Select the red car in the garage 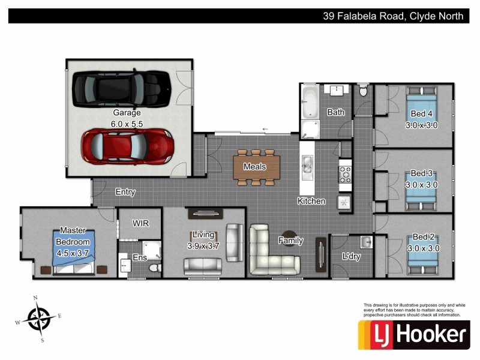127,147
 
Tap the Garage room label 127,113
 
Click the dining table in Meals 256,166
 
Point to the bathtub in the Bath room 309,103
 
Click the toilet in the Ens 155,266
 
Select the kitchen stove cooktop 346,174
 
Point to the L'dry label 351,256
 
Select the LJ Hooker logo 413,334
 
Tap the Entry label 125,193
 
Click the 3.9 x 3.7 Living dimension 205,245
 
